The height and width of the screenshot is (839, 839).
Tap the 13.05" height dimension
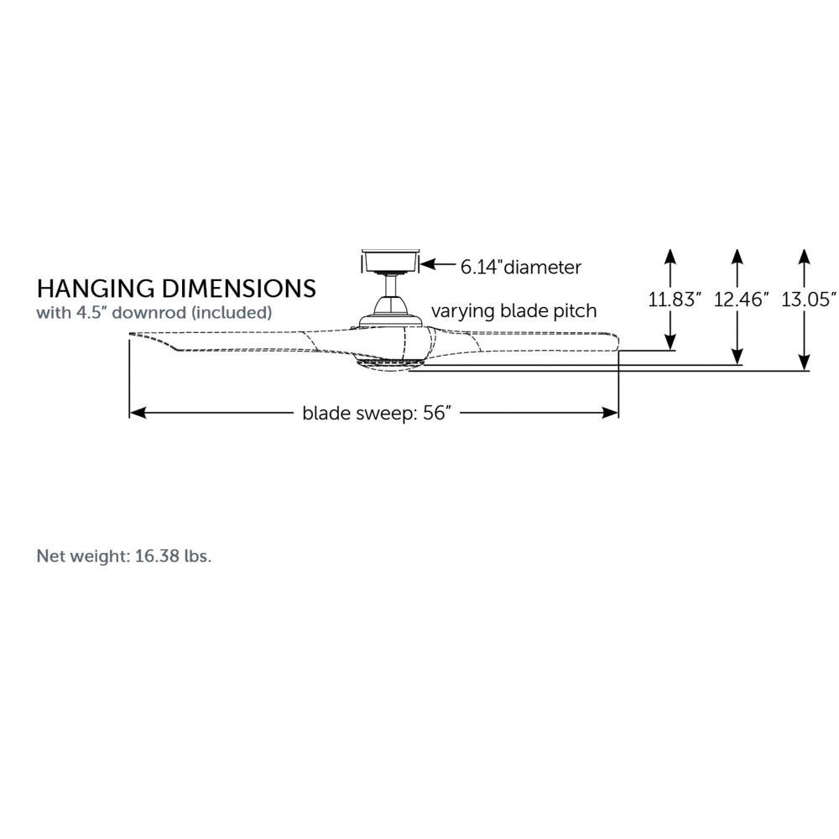(809, 300)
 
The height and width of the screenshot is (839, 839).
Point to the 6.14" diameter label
(521, 267)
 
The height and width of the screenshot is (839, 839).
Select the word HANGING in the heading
(96, 289)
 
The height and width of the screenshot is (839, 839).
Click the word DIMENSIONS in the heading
(238, 289)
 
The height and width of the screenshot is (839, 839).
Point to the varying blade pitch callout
(513, 311)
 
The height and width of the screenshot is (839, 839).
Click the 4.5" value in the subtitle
(91, 312)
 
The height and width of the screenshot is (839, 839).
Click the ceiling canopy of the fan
(389, 261)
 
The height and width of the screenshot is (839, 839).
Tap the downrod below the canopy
(391, 284)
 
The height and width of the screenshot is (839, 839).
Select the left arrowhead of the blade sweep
(138, 413)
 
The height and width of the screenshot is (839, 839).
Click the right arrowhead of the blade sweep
(611, 413)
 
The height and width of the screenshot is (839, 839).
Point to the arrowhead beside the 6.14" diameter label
(427, 263)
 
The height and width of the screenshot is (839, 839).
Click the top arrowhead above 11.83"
(670, 256)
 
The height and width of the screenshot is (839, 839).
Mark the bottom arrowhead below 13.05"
(804, 363)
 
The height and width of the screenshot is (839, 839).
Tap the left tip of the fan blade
(130, 335)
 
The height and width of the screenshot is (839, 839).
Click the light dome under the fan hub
(389, 366)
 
